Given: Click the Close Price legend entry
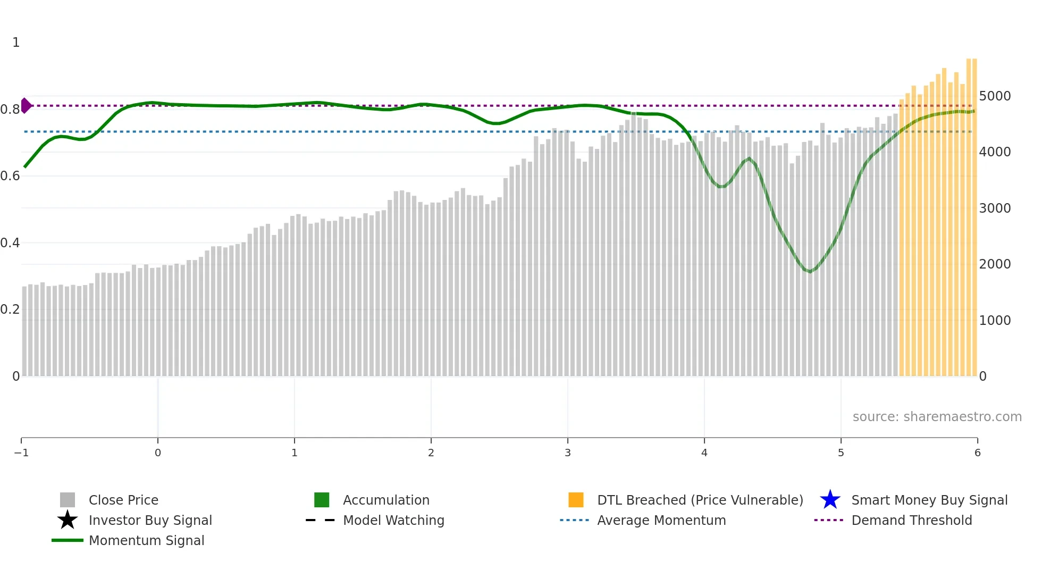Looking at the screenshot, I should [123, 500].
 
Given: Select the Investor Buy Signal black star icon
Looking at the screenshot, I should [68, 520].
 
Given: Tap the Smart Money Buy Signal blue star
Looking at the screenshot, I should [830, 500].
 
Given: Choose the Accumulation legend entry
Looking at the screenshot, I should [385, 500].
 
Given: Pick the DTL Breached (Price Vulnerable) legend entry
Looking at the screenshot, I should [700, 500].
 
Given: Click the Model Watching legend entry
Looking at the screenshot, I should [393, 520].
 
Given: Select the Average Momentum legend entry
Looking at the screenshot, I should [661, 520].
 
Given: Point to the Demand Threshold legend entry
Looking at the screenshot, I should [911, 520].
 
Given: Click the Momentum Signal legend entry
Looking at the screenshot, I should [146, 540].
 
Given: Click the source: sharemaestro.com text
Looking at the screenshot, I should [937, 416].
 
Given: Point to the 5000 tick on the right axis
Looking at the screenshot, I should [995, 96].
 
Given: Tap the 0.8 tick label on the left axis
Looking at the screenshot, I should [10, 110].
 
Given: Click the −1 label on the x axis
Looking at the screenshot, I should [21, 453].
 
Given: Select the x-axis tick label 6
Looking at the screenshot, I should [977, 453].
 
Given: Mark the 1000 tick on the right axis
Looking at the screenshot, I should [995, 321].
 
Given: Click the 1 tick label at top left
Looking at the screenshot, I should [16, 43].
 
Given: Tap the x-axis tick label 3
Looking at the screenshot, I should [567, 453].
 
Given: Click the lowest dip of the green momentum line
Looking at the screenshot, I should [810, 272].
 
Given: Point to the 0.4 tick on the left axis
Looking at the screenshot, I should [10, 243].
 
